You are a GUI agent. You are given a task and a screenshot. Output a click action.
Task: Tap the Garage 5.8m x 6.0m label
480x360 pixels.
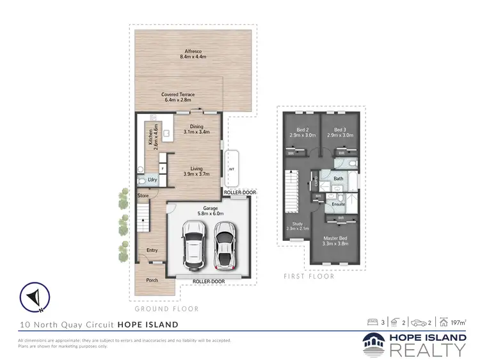click(207, 211)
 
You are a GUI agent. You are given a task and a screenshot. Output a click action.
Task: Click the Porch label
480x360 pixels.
click(152, 280)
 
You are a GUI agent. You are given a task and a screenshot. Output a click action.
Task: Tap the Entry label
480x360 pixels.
click(151, 250)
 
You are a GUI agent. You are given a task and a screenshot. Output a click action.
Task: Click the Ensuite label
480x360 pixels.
click(338, 204)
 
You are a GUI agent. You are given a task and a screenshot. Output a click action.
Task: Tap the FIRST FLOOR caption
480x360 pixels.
click(301, 277)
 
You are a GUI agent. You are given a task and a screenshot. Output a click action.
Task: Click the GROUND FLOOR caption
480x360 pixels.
click(166, 309)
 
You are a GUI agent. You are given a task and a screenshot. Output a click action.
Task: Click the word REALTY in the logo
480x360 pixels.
click(427, 349)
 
